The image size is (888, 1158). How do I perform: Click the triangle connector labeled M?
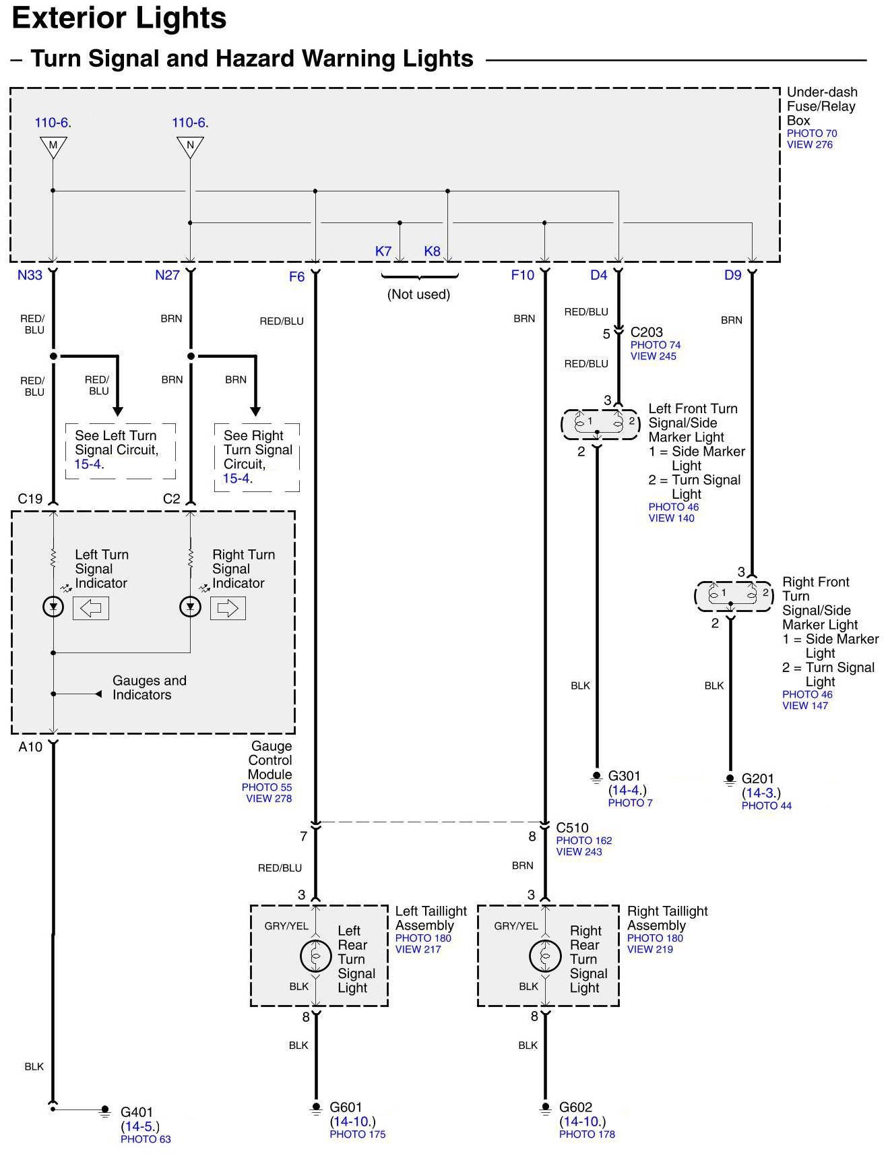click(53, 146)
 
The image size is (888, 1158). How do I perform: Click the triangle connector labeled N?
click(191, 146)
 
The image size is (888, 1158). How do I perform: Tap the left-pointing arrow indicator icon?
click(91, 608)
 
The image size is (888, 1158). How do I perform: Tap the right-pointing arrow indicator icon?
click(228, 608)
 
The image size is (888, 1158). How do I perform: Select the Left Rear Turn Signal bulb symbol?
click(316, 956)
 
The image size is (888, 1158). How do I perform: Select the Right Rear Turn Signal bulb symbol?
click(545, 956)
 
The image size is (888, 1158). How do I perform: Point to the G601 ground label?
click(346, 1107)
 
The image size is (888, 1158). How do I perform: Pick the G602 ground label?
click(575, 1107)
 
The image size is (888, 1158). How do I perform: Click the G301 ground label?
click(625, 776)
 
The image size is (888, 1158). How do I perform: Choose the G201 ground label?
click(758, 779)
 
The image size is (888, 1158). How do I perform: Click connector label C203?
click(646, 332)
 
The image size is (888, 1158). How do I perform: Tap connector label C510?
click(572, 828)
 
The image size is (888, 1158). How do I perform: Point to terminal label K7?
click(383, 251)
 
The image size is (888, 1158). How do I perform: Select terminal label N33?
click(30, 275)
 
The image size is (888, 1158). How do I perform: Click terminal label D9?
click(732, 275)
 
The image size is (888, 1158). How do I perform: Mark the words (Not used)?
click(418, 294)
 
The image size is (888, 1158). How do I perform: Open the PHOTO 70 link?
click(812, 133)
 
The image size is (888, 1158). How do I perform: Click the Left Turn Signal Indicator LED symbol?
click(53, 607)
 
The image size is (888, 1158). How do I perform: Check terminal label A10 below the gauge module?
click(30, 747)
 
